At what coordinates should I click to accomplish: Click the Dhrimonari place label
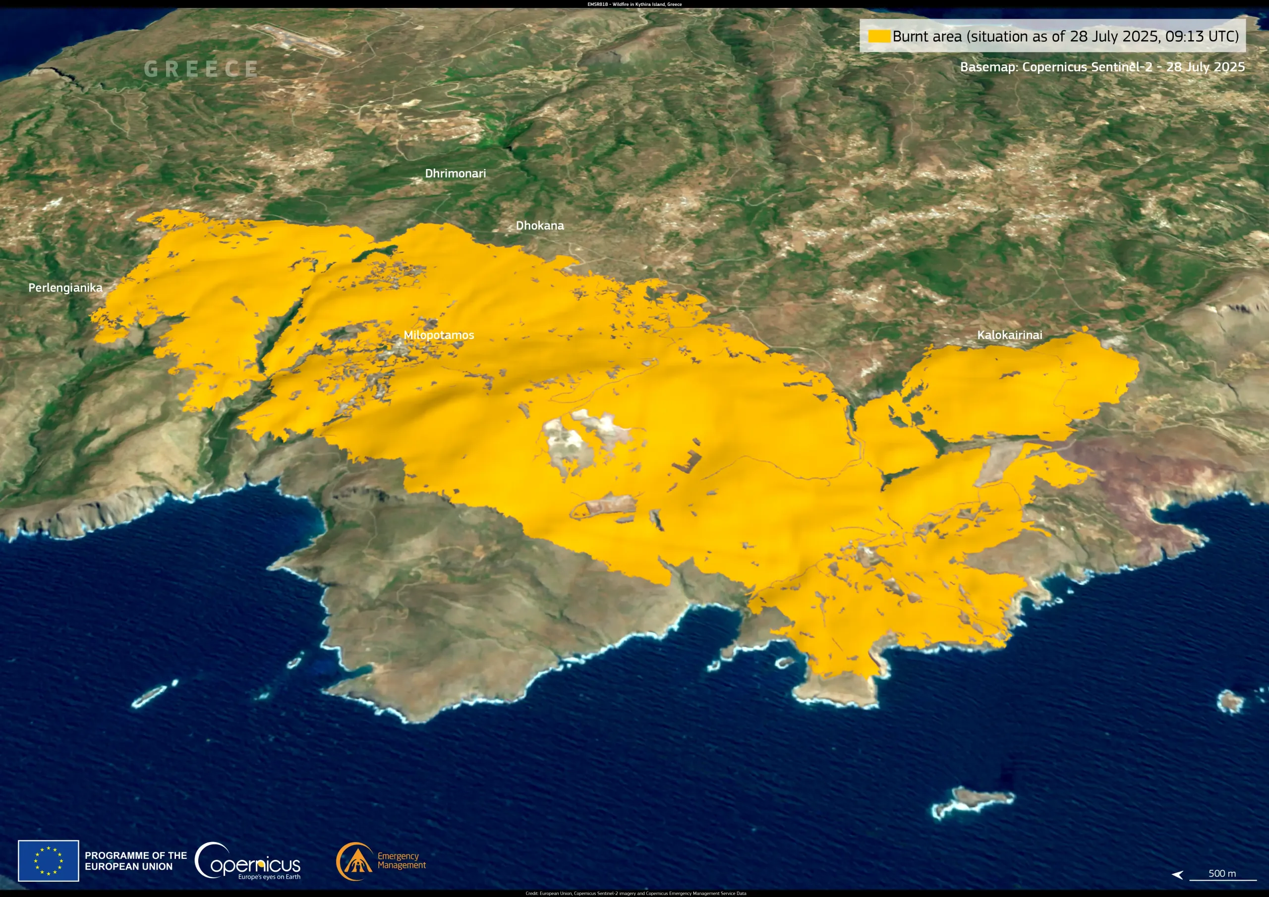[x=455, y=173]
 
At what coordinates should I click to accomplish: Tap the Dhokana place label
[x=539, y=225]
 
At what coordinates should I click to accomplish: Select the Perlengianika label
[x=65, y=288]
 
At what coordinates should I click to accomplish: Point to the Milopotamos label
[x=438, y=335]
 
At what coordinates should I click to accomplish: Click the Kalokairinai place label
[x=1009, y=335]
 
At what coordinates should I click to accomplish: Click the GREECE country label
[x=201, y=69]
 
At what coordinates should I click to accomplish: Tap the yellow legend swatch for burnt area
[x=878, y=37]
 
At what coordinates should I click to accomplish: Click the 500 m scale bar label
[x=1221, y=873]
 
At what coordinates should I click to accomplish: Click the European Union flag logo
[x=49, y=860]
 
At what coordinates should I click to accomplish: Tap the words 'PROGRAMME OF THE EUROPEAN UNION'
[x=135, y=860]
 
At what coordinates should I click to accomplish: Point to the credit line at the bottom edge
[x=635, y=893]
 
